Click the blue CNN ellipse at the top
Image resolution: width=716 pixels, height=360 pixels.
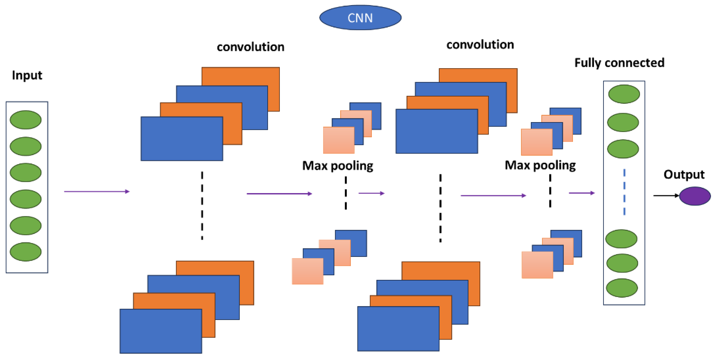[360, 17]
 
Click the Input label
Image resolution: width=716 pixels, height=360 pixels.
[27, 75]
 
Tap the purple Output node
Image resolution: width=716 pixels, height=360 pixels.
[695, 196]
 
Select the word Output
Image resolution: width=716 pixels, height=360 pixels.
[684, 175]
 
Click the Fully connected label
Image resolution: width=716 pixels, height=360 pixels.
[619, 63]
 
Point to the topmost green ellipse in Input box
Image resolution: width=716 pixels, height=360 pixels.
[26, 120]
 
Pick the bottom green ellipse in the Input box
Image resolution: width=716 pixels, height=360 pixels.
[26, 252]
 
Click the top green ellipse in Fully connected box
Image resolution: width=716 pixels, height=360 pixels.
[624, 94]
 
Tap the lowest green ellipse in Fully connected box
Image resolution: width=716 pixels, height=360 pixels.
[622, 288]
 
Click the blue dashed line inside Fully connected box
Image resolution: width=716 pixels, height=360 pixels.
[624, 192]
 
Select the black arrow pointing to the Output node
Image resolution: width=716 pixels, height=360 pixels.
[666, 196]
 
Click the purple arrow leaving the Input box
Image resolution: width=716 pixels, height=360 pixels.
[96, 191]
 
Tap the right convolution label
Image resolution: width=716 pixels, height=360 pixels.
[480, 45]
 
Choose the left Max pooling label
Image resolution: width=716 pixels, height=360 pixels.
[338, 166]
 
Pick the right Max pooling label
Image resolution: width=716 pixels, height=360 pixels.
[540, 165]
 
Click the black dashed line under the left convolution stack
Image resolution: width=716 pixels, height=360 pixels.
[202, 206]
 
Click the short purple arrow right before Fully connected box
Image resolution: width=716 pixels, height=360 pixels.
[582, 193]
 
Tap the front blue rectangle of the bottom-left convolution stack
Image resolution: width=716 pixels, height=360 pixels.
[161, 331]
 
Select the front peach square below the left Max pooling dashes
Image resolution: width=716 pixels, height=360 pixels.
[307, 271]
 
